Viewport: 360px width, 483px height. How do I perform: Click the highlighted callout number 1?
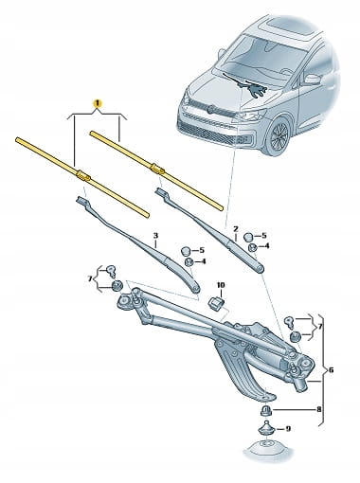98,103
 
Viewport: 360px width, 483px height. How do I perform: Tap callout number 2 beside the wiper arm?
236,228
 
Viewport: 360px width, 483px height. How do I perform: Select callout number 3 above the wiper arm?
155,236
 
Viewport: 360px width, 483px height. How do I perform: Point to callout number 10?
221,285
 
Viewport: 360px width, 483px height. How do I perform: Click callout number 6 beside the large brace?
331,369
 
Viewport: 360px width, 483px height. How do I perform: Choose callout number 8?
318,410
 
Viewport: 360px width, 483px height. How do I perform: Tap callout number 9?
287,429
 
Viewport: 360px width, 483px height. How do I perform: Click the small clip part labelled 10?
216,303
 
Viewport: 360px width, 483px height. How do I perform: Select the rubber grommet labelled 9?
267,430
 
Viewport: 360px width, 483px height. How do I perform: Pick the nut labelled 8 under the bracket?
265,410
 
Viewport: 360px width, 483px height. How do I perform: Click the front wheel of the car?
278,134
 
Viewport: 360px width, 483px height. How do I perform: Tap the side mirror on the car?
312,79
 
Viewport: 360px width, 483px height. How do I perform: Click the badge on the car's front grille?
210,108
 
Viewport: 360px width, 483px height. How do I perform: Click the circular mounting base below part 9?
266,448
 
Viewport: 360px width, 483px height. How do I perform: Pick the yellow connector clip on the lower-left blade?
82,175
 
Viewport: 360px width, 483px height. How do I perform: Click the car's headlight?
250,116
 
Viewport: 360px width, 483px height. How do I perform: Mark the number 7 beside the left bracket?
91,278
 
